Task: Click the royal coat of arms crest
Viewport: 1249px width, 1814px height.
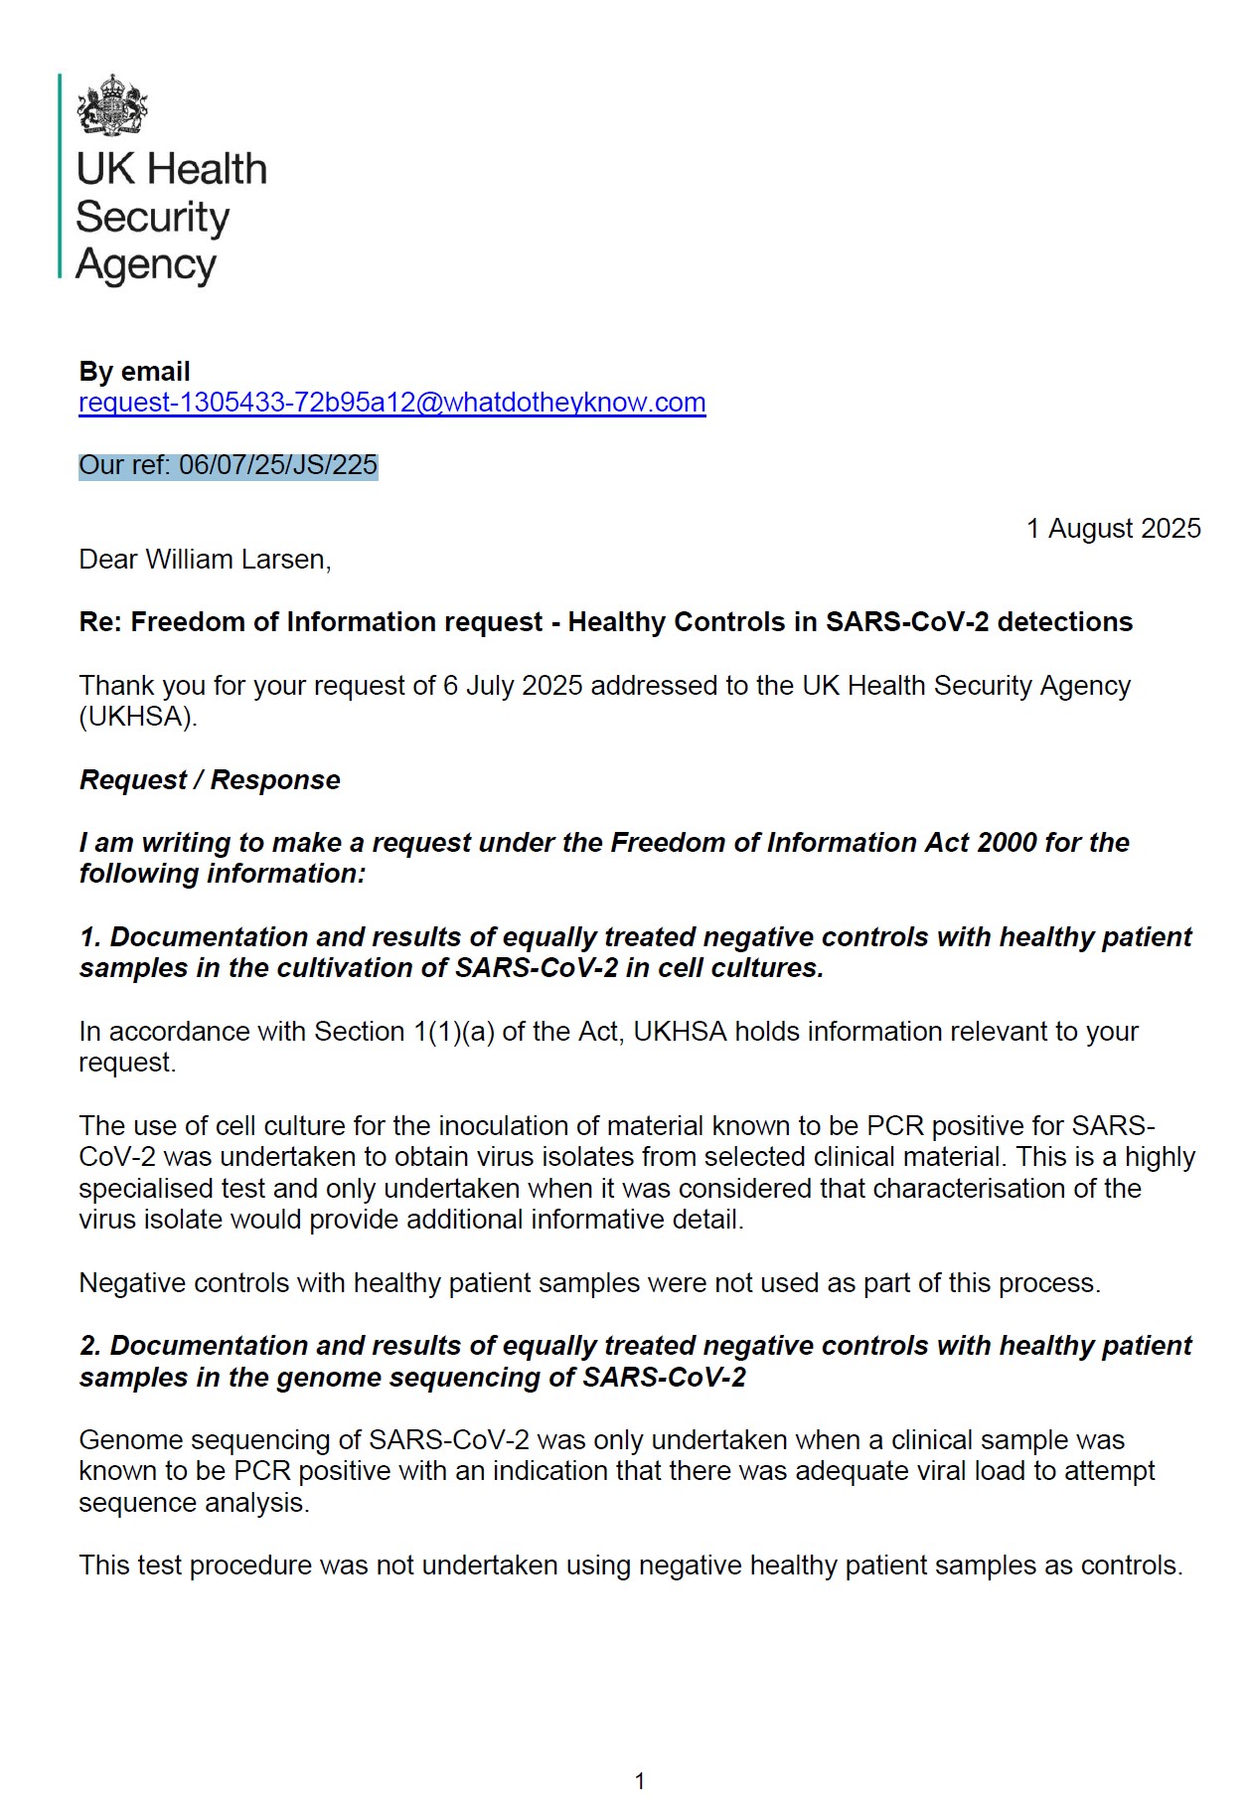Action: coord(112,105)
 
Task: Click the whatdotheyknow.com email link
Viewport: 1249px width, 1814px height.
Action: coord(391,403)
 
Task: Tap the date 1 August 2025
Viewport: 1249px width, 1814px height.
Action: coord(1113,528)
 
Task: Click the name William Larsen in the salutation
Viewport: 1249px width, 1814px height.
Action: coord(236,560)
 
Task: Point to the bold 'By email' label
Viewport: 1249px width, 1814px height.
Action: coord(134,372)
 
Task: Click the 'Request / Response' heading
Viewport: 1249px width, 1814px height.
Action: coord(210,780)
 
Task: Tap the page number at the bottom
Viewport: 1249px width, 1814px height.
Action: coord(640,1781)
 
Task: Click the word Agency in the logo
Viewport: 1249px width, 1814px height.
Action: coord(146,264)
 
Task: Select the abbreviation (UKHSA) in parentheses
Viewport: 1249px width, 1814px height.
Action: coord(138,717)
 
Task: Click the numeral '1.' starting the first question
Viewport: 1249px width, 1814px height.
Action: coord(90,937)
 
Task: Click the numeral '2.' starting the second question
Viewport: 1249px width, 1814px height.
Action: coord(90,1346)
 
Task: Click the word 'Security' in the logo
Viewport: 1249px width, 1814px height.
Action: coord(152,217)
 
